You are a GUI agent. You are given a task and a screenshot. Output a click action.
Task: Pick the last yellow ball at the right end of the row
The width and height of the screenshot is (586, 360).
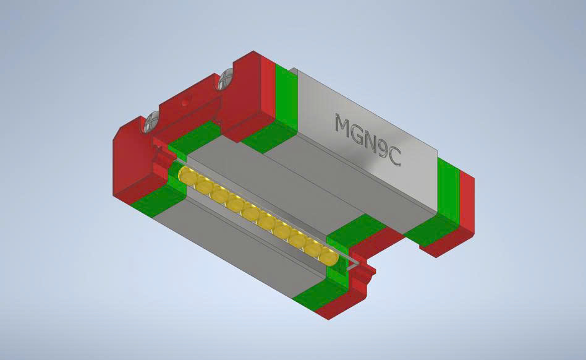click(x=328, y=254)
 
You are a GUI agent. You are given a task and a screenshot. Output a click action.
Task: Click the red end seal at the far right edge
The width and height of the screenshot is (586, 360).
click(x=467, y=204)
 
